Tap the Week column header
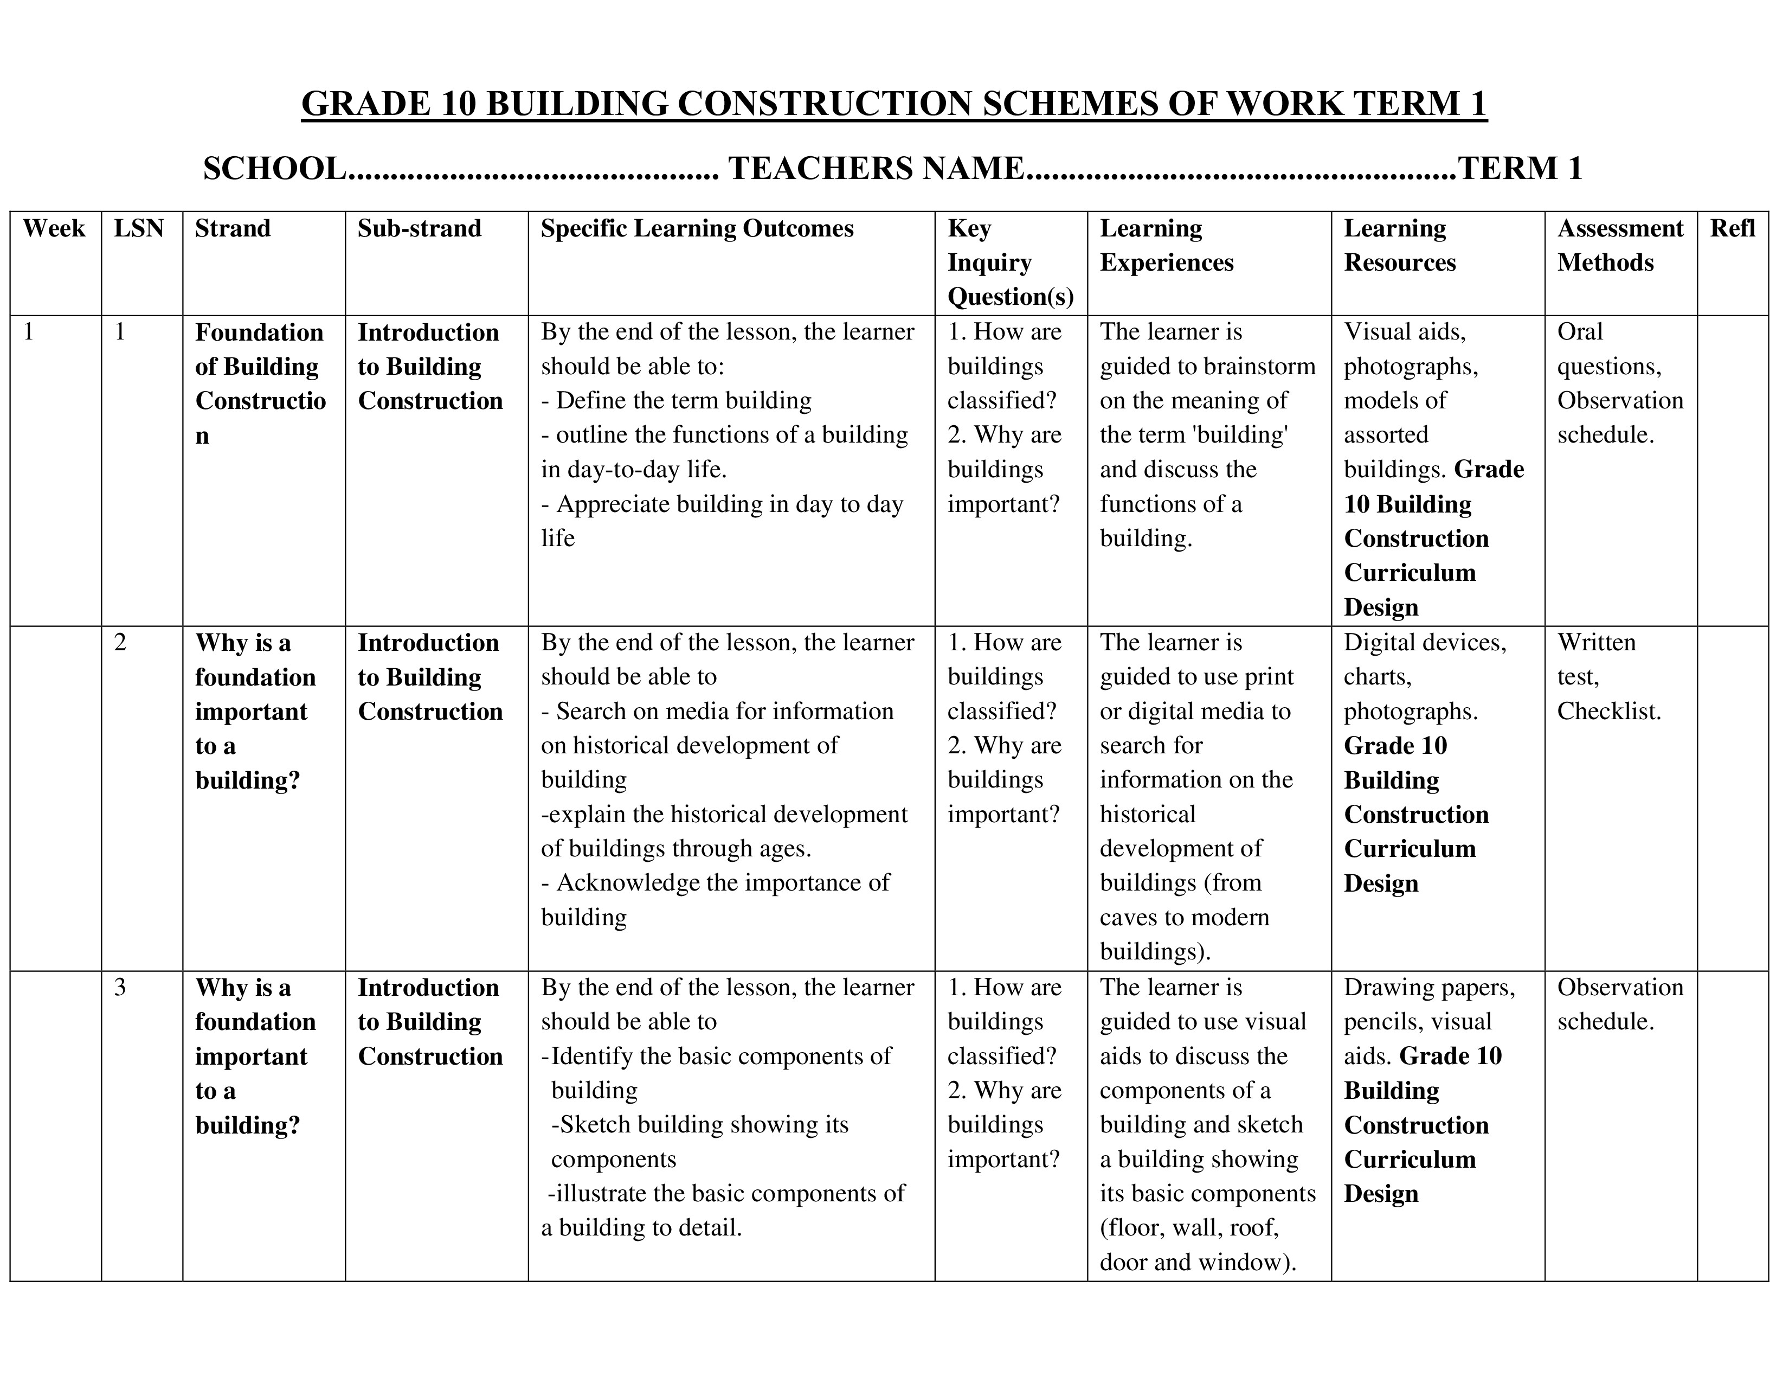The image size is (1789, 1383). click(54, 228)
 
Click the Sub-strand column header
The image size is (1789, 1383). click(420, 228)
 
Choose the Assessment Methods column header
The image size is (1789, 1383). click(1619, 245)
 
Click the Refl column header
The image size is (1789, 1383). click(1732, 228)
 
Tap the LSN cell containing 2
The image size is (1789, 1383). click(120, 642)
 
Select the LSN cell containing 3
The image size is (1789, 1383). click(120, 987)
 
